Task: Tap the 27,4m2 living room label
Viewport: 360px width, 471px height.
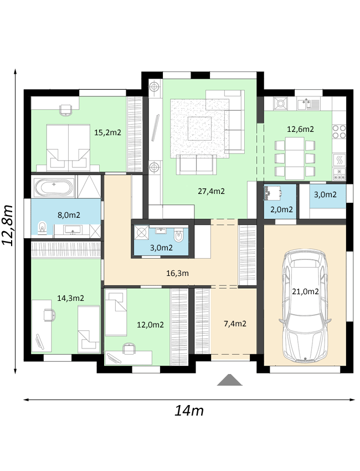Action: coord(211,191)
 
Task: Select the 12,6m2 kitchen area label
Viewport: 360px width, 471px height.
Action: coord(300,129)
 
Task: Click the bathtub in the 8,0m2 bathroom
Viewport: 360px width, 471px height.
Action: coord(54,187)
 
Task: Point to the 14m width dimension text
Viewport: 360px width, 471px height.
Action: coord(189,410)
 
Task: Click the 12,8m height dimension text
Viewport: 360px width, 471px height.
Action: coord(8,226)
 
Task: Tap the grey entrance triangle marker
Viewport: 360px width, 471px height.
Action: coord(230,380)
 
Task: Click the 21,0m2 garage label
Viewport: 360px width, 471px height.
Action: coord(305,291)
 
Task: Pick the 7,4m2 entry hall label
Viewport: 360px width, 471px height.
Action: coord(235,324)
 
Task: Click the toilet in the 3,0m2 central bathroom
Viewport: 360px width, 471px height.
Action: coord(179,236)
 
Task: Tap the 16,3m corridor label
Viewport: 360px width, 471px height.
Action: coord(177,273)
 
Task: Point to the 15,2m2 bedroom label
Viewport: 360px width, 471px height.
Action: coord(107,132)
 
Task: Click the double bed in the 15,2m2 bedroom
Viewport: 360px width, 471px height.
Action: coord(69,148)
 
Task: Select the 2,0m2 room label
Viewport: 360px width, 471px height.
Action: coord(281,209)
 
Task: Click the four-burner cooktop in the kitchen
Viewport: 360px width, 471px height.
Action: coord(340,132)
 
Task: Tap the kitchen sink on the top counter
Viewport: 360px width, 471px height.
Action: coord(308,104)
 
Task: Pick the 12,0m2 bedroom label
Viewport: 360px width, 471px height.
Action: coord(150,325)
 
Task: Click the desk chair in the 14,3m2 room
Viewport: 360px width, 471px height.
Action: coord(49,315)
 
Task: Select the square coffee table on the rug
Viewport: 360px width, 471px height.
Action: coord(200,128)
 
